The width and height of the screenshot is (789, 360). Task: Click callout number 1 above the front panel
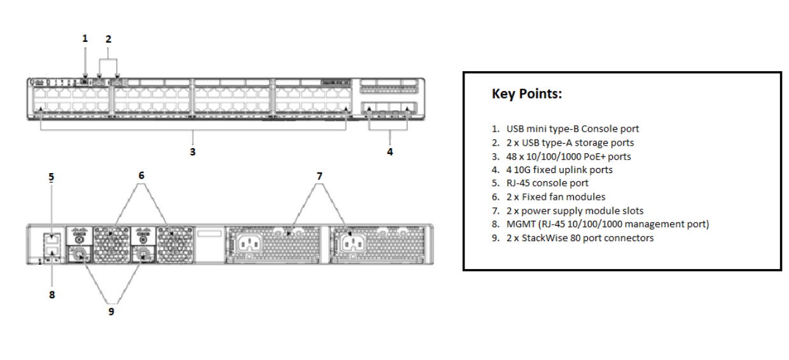(85, 39)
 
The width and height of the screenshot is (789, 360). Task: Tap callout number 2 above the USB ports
(108, 39)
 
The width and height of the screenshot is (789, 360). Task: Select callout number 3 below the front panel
(193, 152)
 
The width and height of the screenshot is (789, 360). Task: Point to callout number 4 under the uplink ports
(389, 152)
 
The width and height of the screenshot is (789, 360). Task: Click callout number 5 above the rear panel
(52, 177)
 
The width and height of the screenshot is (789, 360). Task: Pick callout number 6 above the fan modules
(141, 175)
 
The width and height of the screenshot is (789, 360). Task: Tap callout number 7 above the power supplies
(319, 175)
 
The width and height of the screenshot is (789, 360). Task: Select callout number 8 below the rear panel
(52, 294)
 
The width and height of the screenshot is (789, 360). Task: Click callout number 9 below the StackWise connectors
(111, 312)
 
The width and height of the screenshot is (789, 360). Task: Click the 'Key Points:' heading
(527, 94)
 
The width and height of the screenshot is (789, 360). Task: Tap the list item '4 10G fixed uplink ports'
(559, 170)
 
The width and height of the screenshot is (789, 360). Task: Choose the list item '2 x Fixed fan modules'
(555, 197)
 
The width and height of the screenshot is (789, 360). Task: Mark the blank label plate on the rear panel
(209, 235)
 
